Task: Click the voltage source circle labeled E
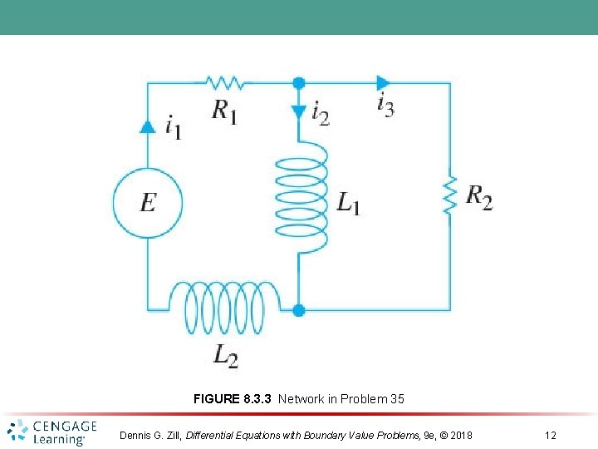[x=148, y=202]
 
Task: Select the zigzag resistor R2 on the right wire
[x=450, y=195]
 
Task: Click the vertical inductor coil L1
[x=300, y=196]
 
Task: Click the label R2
[x=478, y=198]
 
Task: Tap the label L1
[x=348, y=202]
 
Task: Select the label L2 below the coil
[x=225, y=355]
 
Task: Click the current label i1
[x=173, y=127]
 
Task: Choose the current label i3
[x=385, y=106]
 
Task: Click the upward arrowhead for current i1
[x=148, y=126]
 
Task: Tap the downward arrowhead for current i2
[x=300, y=112]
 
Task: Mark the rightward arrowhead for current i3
[x=382, y=82]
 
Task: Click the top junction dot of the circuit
[x=300, y=82]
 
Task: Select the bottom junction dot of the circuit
[x=300, y=310]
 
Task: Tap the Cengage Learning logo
[x=52, y=432]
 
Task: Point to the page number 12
[x=551, y=435]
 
